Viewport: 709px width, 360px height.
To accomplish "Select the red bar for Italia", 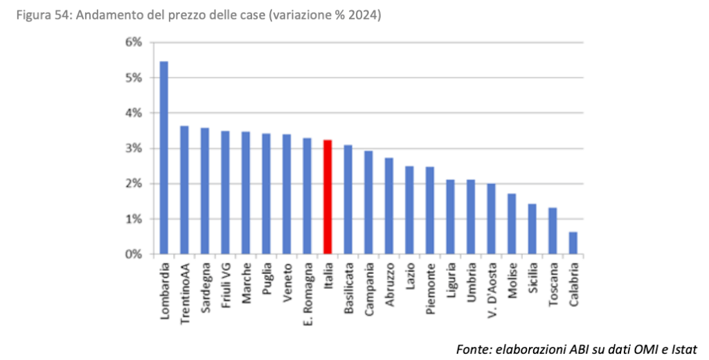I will (328, 197).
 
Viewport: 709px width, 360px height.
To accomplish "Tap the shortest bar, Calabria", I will (573, 243).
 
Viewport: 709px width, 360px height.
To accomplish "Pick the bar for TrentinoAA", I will (184, 190).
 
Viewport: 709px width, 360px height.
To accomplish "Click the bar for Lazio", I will (410, 210).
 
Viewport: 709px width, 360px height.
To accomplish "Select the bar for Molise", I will (512, 224).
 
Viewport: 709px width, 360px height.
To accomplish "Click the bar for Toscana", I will (553, 231).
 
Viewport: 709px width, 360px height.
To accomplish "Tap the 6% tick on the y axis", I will (133, 42).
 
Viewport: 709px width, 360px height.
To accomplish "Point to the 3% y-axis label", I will (133, 148).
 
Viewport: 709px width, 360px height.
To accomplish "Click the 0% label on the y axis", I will (133, 255).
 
